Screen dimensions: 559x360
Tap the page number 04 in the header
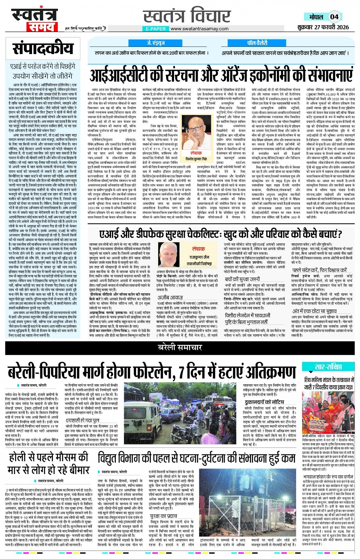click(334, 16)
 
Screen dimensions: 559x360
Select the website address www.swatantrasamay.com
click(199, 29)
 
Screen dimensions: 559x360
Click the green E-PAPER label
click(156, 29)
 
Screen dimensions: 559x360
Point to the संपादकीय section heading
click(43, 48)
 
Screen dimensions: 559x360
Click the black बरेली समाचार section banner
click(180, 347)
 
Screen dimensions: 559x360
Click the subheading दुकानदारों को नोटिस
click(264, 402)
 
